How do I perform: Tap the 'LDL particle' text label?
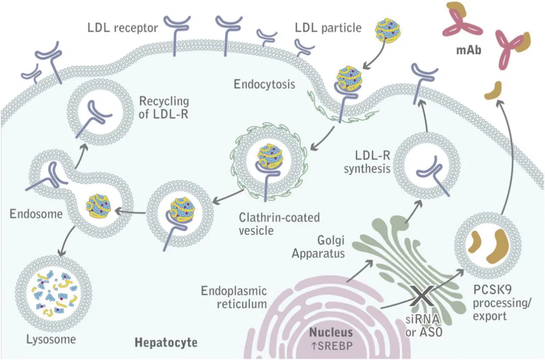[328, 27]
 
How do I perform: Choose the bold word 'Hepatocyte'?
[166, 343]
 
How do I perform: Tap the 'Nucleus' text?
[331, 332]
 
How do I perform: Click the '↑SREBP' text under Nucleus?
[331, 345]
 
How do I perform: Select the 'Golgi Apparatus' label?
[318, 246]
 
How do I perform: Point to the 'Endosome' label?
[36, 214]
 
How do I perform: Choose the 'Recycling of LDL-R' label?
[163, 107]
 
